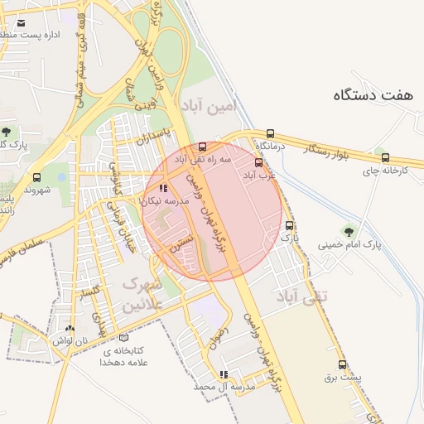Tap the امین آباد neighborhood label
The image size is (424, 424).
[x=208, y=106]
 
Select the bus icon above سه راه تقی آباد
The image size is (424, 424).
[x=203, y=147]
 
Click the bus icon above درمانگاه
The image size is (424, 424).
[x=270, y=133]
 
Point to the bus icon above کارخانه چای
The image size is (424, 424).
[x=385, y=157]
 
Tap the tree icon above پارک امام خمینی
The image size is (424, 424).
[x=348, y=231]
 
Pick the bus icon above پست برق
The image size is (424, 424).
[x=342, y=364]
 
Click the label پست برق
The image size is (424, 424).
[x=343, y=378]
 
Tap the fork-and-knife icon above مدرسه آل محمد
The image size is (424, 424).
[x=223, y=373]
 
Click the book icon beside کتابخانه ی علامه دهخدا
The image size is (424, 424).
[x=124, y=338]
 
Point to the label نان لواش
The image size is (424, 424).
[x=69, y=340]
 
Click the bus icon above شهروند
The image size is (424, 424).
[x=36, y=177]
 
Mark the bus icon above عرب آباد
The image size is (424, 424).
[x=258, y=162]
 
